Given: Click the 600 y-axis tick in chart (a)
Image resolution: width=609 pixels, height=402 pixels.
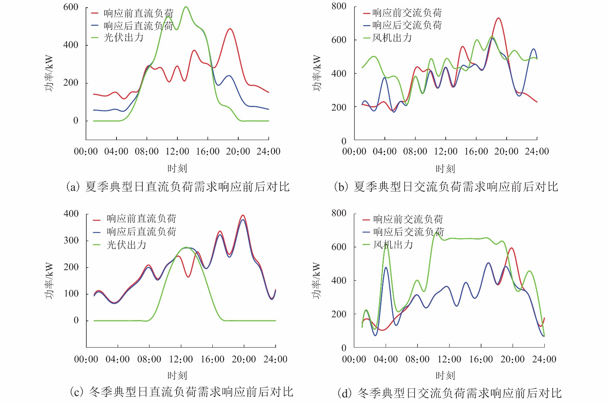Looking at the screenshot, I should (71, 7).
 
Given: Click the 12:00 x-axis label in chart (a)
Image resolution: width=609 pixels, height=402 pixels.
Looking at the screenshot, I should (177, 152).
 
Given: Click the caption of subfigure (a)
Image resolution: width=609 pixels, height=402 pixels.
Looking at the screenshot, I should (177, 187).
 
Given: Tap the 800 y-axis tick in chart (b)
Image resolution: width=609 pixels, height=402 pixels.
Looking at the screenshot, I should (339, 6).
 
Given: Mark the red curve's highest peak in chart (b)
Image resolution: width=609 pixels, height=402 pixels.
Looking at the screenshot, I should (498, 18).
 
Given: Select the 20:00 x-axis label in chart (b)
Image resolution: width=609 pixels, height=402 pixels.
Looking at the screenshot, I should (506, 152).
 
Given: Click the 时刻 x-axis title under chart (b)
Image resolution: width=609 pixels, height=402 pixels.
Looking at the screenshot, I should (445, 169).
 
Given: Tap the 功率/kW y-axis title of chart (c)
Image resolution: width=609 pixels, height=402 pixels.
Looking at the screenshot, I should (49, 281).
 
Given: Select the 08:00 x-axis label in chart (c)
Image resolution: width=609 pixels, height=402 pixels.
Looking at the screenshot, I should (149, 359).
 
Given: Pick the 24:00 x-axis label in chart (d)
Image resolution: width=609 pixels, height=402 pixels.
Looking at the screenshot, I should (544, 359).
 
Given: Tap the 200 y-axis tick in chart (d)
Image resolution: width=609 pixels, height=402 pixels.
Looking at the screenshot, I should (339, 314).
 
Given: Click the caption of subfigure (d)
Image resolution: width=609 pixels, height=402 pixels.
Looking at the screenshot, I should (449, 393).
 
